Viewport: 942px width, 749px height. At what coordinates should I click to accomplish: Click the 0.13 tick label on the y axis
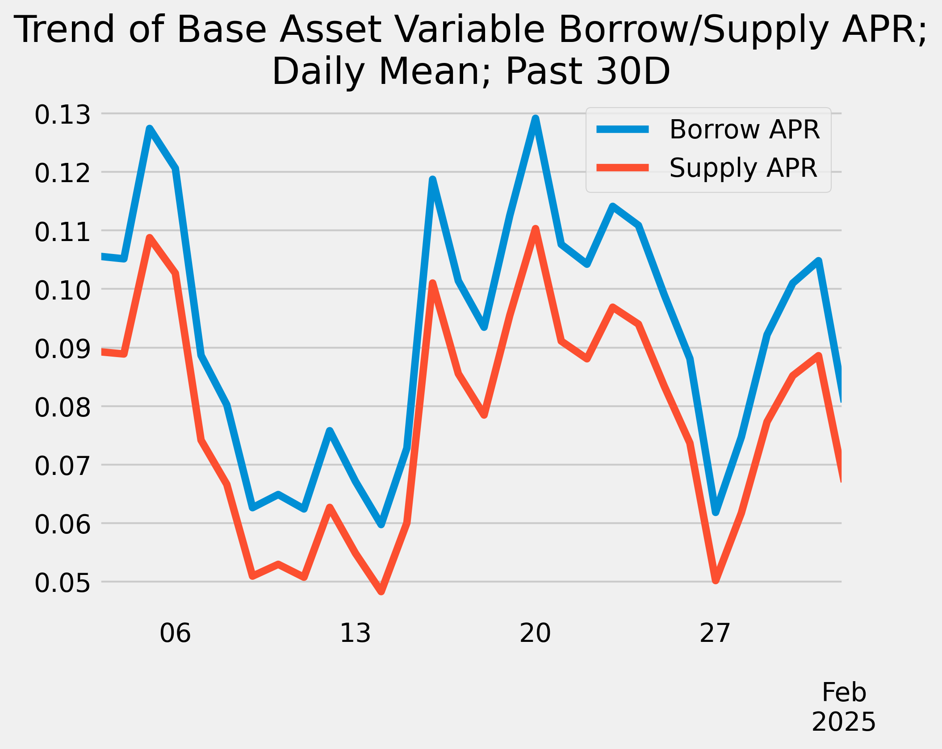tap(63, 115)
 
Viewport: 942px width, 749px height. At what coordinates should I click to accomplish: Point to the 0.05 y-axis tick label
tap(63, 583)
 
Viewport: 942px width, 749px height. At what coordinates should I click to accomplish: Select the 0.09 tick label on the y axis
tap(63, 349)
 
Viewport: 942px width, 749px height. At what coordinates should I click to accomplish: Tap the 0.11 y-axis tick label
tap(63, 232)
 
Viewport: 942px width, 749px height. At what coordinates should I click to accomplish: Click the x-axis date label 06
tap(175, 633)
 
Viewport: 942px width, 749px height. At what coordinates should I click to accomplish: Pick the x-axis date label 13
tap(355, 633)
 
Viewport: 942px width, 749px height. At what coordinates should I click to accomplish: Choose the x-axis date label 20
tap(535, 633)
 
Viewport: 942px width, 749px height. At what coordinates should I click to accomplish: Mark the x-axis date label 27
tap(715, 633)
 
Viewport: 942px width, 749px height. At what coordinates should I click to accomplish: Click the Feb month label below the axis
tap(844, 692)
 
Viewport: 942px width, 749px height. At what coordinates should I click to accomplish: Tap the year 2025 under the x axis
tap(844, 722)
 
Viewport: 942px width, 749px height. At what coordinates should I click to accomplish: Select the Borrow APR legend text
tap(745, 129)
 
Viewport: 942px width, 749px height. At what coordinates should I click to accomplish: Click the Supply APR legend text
tap(743, 168)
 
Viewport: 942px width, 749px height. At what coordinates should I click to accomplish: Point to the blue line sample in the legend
tap(623, 129)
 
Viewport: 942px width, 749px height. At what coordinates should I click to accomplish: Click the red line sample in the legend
tap(623, 167)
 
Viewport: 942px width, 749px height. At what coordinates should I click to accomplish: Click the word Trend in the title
tap(66, 29)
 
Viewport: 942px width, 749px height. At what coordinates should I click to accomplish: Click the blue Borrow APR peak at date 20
tap(535, 119)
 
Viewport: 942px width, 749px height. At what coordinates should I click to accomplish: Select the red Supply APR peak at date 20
tap(535, 229)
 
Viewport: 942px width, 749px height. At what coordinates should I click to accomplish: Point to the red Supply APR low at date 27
tap(716, 580)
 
